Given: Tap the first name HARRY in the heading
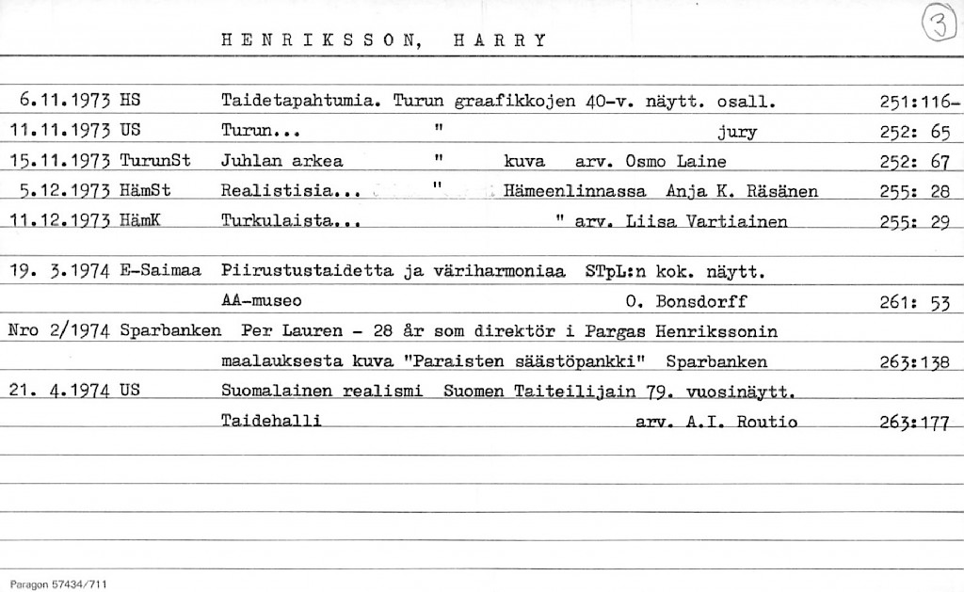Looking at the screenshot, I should pos(499,40).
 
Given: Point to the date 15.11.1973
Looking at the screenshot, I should pos(59,161).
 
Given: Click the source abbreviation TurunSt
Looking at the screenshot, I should pos(155,161).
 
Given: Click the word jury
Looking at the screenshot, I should pos(736,131).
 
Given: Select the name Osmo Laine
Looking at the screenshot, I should pos(675,161).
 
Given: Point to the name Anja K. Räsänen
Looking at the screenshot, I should pos(741,191).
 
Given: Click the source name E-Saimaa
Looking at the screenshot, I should pos(161,272).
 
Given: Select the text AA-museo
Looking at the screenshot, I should pos(261,302).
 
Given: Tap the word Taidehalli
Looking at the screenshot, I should pos(271,422).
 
